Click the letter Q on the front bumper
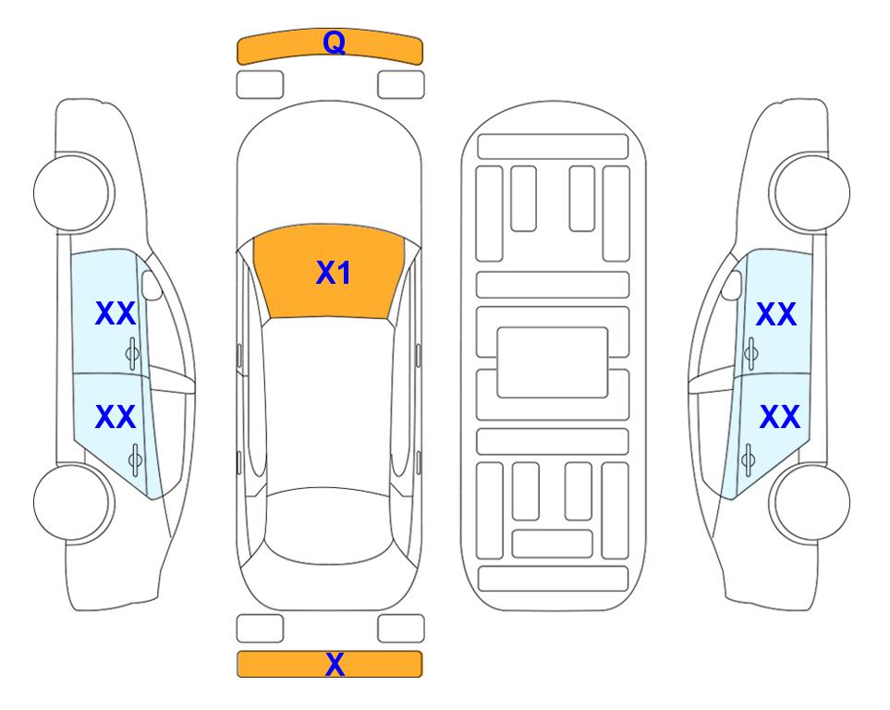334,43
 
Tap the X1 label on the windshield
334,273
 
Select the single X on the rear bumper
335,664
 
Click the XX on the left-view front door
116,313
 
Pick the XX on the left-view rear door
116,416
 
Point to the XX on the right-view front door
776,314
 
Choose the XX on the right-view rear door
780,416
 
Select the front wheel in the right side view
810,192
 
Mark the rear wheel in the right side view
810,502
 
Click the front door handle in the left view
132,353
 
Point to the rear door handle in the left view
135,459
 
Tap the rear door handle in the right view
748,459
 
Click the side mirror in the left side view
152,285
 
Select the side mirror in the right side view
732,285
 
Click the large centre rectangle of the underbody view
553,362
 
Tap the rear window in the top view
329,525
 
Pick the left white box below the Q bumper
260,85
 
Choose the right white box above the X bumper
401,629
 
